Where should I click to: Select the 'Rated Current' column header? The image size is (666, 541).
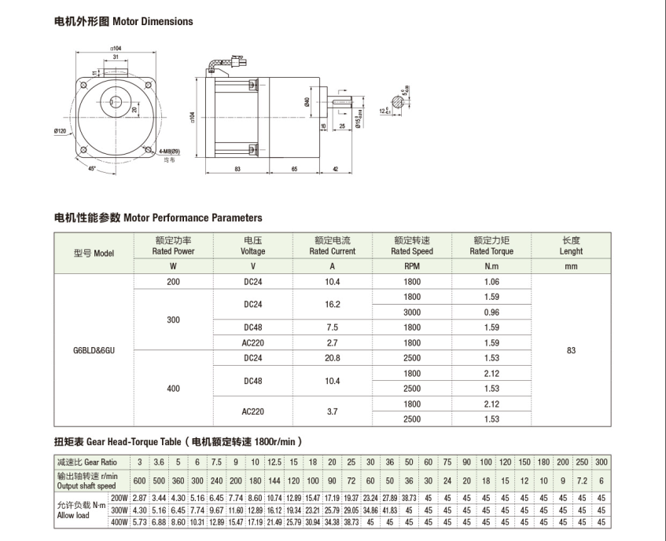[x=332, y=246]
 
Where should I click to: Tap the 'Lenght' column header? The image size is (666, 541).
[x=571, y=246]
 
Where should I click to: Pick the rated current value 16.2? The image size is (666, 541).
[x=332, y=304]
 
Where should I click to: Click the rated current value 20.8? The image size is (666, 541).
[x=332, y=358]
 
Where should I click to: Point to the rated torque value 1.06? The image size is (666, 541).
[x=491, y=281]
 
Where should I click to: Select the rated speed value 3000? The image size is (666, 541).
[x=412, y=312]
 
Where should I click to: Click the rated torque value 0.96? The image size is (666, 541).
[x=491, y=312]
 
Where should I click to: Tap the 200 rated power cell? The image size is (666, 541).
[x=173, y=281]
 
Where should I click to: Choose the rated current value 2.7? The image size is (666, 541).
[x=332, y=342]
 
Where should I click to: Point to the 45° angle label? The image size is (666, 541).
[x=92, y=167]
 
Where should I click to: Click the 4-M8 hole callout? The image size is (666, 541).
[x=169, y=151]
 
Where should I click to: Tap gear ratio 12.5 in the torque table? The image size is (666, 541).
[x=274, y=461]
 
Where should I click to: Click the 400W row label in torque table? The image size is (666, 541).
[x=119, y=522]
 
